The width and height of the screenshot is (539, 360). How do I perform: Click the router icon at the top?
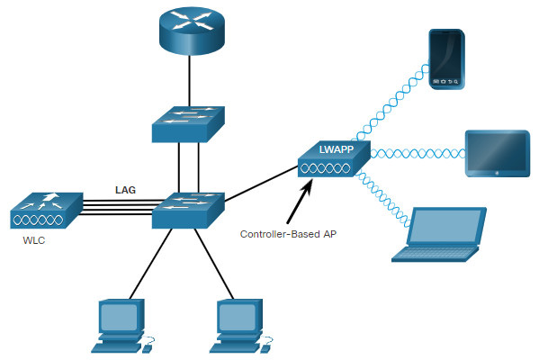click(x=192, y=31)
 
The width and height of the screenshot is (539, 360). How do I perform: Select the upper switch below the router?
click(x=188, y=124)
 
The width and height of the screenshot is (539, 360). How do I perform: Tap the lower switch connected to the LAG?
click(x=188, y=210)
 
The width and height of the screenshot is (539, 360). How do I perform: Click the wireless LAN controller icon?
click(x=47, y=211)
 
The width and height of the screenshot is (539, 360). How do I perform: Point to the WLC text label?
click(x=34, y=240)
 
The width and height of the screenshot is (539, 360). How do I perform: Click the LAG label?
click(x=125, y=190)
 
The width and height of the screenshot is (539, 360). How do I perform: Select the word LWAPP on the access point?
click(x=337, y=149)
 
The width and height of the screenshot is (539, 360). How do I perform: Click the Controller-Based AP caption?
click(x=288, y=234)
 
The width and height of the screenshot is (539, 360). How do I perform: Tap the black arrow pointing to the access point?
click(x=300, y=202)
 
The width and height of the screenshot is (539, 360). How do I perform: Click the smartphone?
click(x=447, y=59)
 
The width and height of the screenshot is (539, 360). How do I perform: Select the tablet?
click(x=498, y=153)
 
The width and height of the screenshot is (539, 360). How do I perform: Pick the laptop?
click(x=439, y=235)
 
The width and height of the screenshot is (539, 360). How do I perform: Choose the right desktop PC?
click(x=241, y=326)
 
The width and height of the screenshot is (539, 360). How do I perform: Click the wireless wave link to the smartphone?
click(x=391, y=103)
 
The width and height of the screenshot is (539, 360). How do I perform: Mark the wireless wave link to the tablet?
click(x=418, y=153)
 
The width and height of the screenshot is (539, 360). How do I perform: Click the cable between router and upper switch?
click(x=189, y=81)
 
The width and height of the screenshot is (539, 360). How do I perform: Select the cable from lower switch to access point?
click(x=261, y=184)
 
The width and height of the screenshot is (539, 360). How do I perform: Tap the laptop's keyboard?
click(x=435, y=254)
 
